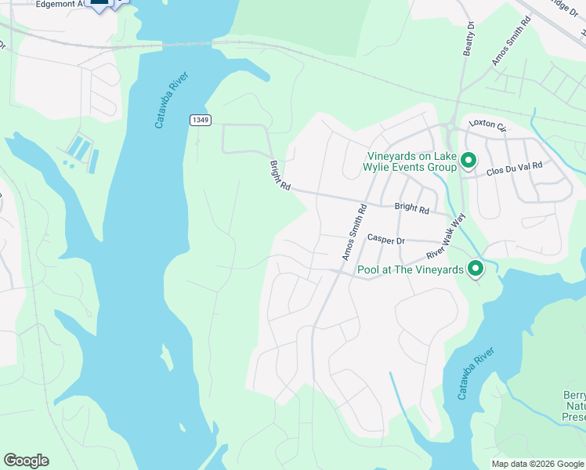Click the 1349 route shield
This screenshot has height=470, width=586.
tap(200, 120)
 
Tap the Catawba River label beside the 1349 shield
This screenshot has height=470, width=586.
tap(168, 102)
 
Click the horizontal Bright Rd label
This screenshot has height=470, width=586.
tap(412, 209)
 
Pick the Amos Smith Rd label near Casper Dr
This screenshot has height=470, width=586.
tap(353, 233)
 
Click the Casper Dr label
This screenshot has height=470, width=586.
tap(385, 240)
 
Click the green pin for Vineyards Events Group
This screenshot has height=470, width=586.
tap(468, 161)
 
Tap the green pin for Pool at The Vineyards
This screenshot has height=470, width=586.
tap(475, 269)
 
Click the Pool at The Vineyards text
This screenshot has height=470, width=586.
tap(411, 270)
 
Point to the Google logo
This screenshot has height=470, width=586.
tap(26, 461)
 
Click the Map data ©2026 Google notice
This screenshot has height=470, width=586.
tap(538, 464)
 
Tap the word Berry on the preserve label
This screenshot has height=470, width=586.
tap(574, 396)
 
